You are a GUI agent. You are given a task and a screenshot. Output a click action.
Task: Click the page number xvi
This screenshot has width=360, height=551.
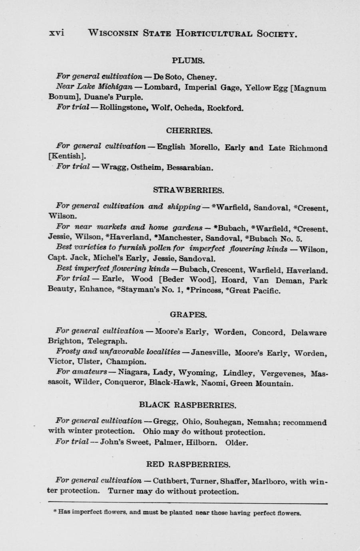tap(56, 33)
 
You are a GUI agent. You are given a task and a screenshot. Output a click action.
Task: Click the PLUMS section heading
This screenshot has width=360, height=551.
tap(188, 61)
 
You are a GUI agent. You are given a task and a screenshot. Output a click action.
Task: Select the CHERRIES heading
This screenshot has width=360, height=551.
tap(189, 131)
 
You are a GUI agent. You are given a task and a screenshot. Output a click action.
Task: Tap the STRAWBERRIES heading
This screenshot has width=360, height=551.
tap(188, 190)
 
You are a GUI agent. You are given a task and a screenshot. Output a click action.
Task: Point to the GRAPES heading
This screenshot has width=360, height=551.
tap(188, 315)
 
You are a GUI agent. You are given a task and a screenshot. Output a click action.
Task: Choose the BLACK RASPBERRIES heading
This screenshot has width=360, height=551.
tap(187, 405)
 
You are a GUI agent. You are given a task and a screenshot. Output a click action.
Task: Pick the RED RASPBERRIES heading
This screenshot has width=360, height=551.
tap(188, 465)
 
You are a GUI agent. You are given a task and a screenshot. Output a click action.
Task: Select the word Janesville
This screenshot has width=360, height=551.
tap(210, 353)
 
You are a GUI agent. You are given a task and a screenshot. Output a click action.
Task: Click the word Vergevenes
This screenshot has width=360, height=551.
tap(283, 374)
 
